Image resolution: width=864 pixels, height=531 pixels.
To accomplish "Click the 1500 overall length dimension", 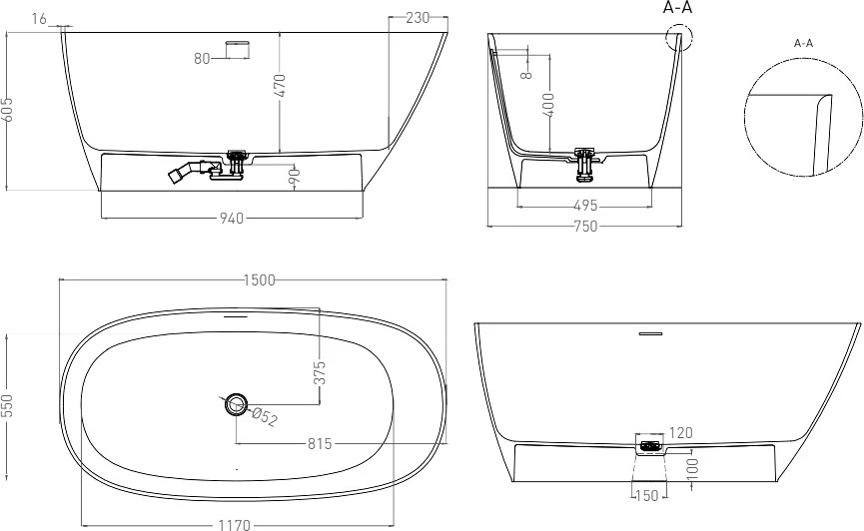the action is tap(259, 280).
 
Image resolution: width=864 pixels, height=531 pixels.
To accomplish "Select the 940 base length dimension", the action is tap(232, 219).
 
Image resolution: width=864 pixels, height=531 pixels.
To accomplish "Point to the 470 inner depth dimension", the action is tap(280, 86).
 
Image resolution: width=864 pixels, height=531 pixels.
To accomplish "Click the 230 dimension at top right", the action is tap(418, 18).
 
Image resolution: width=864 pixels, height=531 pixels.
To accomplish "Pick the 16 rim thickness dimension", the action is tap(39, 19).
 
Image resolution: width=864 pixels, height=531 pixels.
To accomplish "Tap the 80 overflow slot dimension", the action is tap(202, 58).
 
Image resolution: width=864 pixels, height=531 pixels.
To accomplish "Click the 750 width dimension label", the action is tap(585, 226).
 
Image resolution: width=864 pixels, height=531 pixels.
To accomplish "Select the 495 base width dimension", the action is tap(585, 206).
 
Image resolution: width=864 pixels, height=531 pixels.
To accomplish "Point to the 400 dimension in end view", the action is tap(548, 105).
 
